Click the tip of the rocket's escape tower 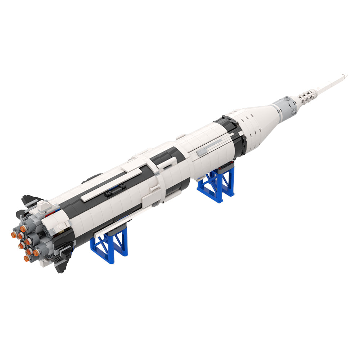[x=346, y=75]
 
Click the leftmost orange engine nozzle [x=14, y=235]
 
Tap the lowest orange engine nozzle [x=27, y=258]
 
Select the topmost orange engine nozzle [x=23, y=228]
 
